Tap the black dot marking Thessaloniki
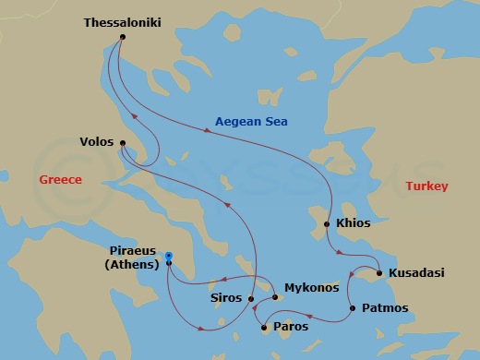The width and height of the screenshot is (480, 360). [123, 37]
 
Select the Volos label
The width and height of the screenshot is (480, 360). [98, 143]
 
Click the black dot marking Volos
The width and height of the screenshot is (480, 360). [123, 142]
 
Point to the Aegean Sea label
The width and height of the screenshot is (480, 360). [251, 122]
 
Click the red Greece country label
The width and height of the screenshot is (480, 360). [60, 179]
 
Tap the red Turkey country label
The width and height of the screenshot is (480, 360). [426, 186]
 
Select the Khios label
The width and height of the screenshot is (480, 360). [353, 224]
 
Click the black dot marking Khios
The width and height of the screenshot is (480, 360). [327, 224]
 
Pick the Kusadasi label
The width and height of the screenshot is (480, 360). [416, 273]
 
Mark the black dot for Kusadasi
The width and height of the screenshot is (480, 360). [380, 272]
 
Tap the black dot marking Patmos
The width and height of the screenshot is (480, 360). [352, 307]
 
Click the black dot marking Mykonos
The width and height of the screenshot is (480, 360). [275, 297]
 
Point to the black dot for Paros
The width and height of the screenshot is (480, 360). [265, 327]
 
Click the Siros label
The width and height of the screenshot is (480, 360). [227, 298]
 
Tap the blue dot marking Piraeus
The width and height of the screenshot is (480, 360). [168, 255]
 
